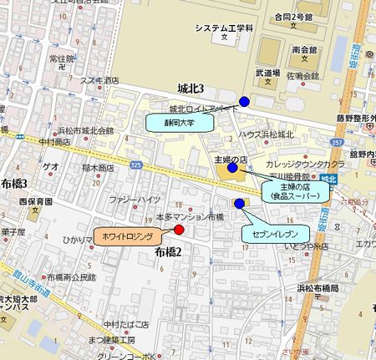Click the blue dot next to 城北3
[244, 102]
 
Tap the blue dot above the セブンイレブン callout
[239, 203]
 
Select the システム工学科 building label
[223, 29]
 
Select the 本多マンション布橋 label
[191, 216]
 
